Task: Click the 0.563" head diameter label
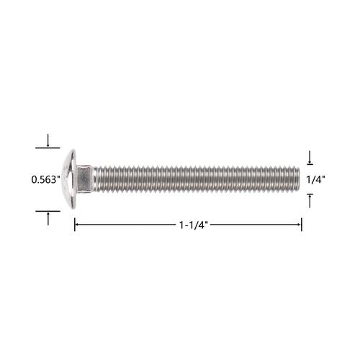coord(45,179)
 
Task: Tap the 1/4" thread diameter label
coord(315,179)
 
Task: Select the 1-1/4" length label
coord(193,225)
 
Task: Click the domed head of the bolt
coord(69,179)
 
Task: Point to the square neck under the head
coord(84,179)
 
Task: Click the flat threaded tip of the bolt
coord(298,179)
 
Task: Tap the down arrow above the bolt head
coord(48,140)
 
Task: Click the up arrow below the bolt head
coord(48,219)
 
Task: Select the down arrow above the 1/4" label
coord(310,158)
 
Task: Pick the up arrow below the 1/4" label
coord(310,201)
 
